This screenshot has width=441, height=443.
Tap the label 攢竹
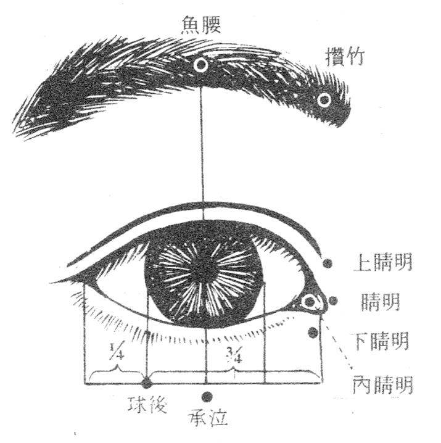(345, 57)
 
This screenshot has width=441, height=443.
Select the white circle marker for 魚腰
(200, 64)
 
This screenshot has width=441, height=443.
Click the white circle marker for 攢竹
(324, 99)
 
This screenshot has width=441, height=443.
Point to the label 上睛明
(382, 263)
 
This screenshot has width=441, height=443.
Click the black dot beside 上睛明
(328, 263)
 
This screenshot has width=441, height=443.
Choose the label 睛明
(381, 302)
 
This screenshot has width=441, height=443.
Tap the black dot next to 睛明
(334, 300)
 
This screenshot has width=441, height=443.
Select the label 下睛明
(381, 341)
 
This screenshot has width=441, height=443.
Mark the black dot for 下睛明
(313, 333)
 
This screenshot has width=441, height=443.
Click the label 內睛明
(382, 385)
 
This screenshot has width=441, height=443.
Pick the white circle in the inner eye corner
(310, 302)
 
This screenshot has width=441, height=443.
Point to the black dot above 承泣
(206, 396)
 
